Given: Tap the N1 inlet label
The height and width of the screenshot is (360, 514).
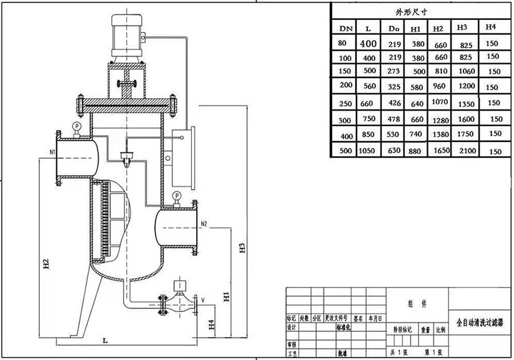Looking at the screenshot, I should [x=52, y=152].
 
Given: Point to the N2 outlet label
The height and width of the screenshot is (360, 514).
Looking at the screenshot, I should [x=204, y=223].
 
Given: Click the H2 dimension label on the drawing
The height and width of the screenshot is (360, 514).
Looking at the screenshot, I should [x=46, y=265].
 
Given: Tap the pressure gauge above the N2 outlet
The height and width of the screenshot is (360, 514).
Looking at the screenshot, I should [x=178, y=196].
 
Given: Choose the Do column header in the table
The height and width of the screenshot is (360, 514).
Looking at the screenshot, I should [x=393, y=29].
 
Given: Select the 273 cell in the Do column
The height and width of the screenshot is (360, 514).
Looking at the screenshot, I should [x=393, y=71].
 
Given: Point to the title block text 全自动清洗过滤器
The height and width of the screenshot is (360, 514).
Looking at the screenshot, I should [x=479, y=322].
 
